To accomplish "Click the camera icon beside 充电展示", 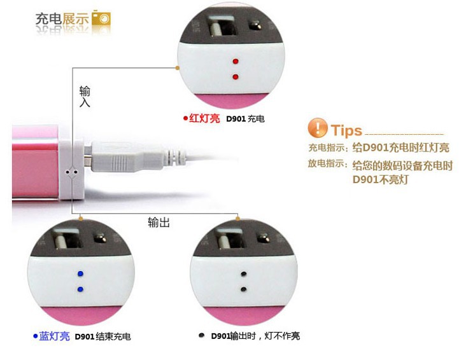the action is [x=101, y=18].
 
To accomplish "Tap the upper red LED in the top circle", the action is [x=236, y=62].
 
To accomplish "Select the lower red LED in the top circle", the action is [x=236, y=77].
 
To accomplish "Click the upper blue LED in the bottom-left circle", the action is [x=80, y=273].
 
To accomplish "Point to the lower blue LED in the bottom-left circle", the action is [x=80, y=289].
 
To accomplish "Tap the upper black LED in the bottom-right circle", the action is [x=244, y=274].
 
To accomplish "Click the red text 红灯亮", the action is [x=204, y=118].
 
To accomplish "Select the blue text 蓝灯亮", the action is [x=54, y=336].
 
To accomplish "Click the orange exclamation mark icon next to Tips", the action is [x=317, y=128].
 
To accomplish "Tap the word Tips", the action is [x=346, y=130].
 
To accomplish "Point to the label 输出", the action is [x=159, y=222].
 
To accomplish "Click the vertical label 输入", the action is [x=85, y=97].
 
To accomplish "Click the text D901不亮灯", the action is [x=381, y=180].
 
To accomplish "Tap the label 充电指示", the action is [x=326, y=148].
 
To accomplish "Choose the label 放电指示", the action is [x=326, y=163].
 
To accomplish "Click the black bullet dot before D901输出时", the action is [x=202, y=335].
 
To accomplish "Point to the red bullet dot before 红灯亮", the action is [x=185, y=118].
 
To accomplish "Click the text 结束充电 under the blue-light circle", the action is [x=113, y=336].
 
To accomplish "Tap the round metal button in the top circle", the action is [x=255, y=25].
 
